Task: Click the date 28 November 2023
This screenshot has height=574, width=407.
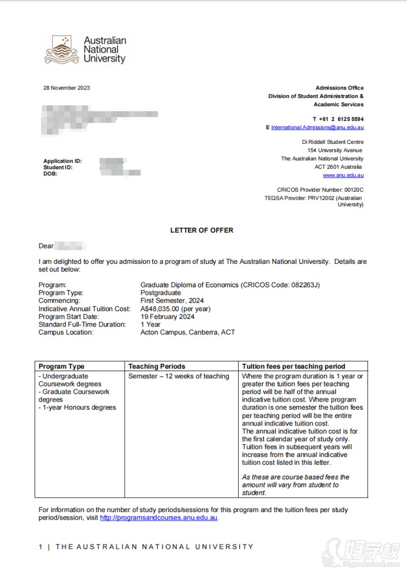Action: point(67,88)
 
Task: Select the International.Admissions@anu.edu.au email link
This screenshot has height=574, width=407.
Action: point(317,127)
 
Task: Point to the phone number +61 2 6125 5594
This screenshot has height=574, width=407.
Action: point(338,118)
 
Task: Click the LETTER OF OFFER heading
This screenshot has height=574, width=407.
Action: point(201,230)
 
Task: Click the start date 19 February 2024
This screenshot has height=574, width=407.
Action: point(167,317)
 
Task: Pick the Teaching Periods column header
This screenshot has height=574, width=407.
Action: point(157,366)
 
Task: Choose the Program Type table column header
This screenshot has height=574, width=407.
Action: point(62,366)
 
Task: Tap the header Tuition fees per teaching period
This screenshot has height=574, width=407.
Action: point(294,366)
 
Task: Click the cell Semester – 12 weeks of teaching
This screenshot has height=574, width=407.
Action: point(179,376)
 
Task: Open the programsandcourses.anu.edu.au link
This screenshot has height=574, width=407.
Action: point(159,518)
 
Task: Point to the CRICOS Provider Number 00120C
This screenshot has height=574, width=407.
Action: point(320,190)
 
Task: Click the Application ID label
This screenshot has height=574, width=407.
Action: point(63,161)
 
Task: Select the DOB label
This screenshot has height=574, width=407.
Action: point(50,173)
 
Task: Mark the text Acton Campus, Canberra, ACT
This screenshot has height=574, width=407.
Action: point(187,333)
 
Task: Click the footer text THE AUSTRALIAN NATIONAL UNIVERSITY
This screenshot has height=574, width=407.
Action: point(154,547)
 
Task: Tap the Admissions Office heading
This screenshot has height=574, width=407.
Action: point(339,88)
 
